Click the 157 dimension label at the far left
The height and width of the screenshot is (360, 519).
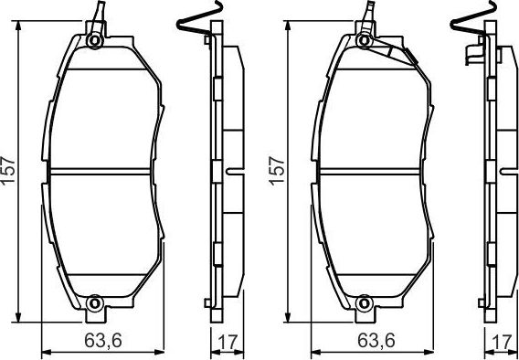[9, 168]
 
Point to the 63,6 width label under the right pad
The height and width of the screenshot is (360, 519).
[369, 342]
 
